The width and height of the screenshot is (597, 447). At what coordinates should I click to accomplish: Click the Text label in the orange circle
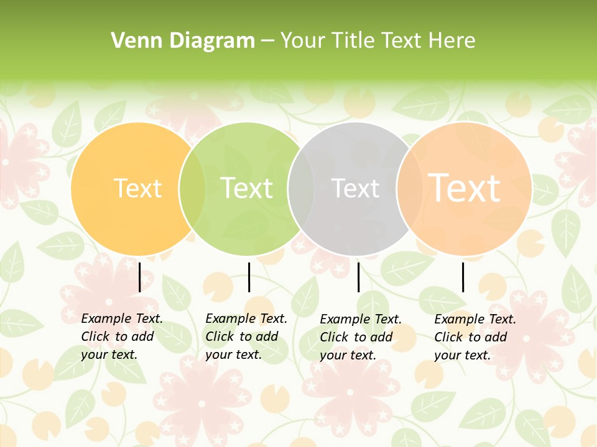137,188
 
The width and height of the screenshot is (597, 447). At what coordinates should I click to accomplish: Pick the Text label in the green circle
246,188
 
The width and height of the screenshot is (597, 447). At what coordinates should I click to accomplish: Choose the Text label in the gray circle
355,188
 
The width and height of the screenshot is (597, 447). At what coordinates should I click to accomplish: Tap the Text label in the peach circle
464,187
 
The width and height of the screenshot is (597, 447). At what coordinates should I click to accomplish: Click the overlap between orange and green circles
192,189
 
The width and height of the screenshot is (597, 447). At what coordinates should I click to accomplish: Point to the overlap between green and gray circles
301,189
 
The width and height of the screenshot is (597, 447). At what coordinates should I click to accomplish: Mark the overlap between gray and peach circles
410,189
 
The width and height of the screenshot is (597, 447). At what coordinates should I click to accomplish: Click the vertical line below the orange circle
139,277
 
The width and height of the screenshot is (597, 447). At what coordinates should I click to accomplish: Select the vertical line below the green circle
249,277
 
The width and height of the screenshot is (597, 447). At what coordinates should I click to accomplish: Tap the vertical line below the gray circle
358,277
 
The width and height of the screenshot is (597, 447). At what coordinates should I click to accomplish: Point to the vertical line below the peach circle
463,277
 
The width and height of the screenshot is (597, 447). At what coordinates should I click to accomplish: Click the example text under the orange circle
122,336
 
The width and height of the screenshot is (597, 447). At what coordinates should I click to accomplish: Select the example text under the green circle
246,336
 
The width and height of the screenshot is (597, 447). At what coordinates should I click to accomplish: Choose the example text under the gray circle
361,337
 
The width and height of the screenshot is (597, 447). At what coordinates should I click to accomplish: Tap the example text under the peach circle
475,337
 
